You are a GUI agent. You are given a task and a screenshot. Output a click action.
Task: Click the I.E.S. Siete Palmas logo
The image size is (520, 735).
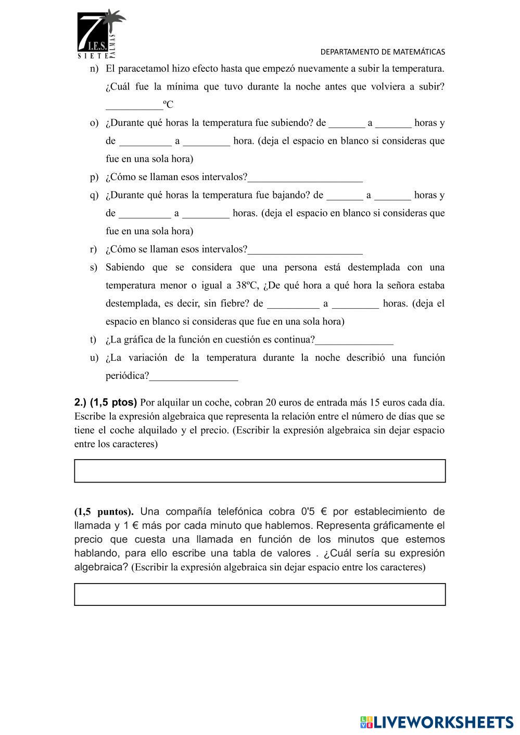click(101, 34)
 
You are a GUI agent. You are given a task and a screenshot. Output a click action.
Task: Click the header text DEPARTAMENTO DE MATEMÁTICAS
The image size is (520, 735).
click(383, 52)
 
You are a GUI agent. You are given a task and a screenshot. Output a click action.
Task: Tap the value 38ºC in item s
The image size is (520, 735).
click(247, 285)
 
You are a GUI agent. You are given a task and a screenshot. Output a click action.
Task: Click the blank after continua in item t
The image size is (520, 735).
click(354, 340)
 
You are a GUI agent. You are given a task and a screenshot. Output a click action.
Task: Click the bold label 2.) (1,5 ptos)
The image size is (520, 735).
click(106, 402)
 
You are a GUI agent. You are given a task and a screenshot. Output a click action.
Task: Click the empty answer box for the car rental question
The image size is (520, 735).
click(260, 471)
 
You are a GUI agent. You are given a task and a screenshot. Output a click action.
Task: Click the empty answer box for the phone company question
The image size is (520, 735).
click(260, 594)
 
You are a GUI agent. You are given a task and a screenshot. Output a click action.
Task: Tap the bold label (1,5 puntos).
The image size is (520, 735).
click(104, 512)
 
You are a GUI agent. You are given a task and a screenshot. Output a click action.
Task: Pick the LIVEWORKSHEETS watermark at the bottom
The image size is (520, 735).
click(436, 722)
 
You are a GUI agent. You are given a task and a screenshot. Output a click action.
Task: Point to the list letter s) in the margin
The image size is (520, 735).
click(94, 268)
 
